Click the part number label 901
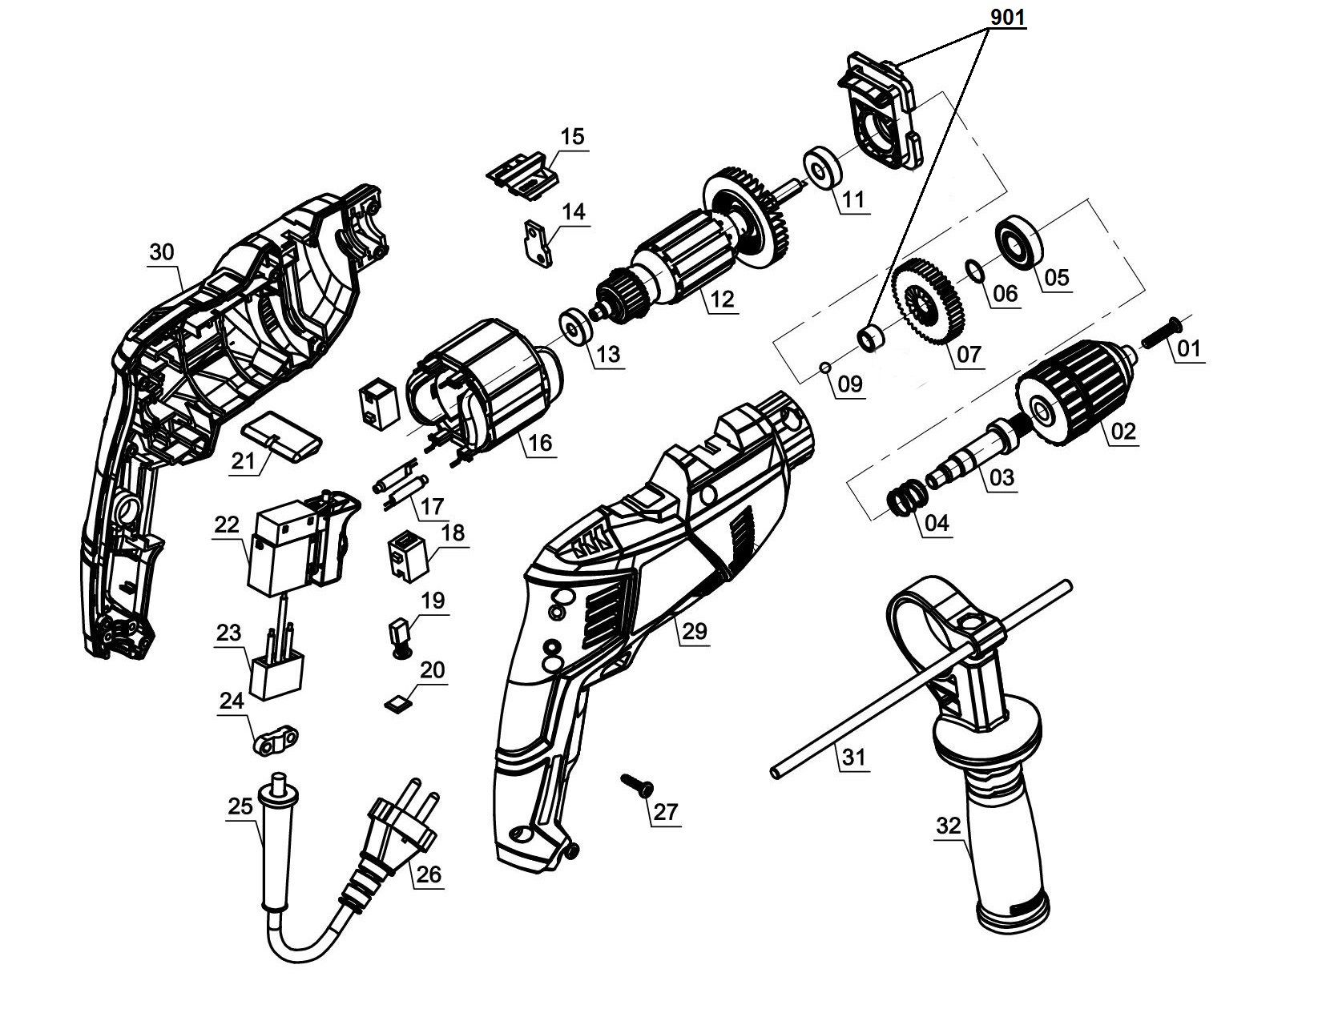pos(1008,16)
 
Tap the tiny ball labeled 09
pos(824,367)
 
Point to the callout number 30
pos(161,252)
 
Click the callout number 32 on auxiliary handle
pos(949,826)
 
